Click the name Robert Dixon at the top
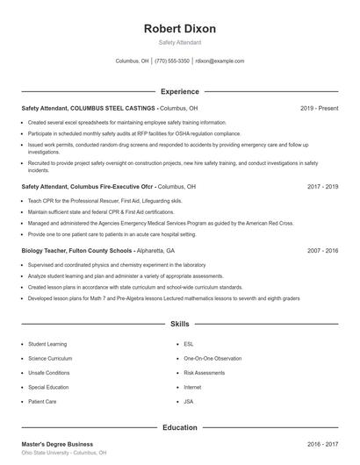180,29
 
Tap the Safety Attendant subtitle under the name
180,42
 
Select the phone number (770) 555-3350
172,61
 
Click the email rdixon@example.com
220,61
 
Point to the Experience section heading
180,91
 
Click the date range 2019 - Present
319,108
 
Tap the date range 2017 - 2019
322,187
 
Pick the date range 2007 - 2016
322,250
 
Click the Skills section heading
180,324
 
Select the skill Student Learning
47,344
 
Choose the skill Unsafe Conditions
49,372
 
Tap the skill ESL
188,344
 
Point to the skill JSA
188,400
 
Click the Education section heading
180,427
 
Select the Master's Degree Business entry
57,444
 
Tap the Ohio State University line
64,453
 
